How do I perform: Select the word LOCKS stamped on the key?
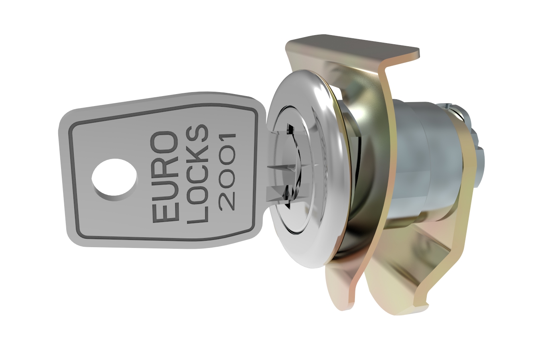[x=197, y=174]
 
